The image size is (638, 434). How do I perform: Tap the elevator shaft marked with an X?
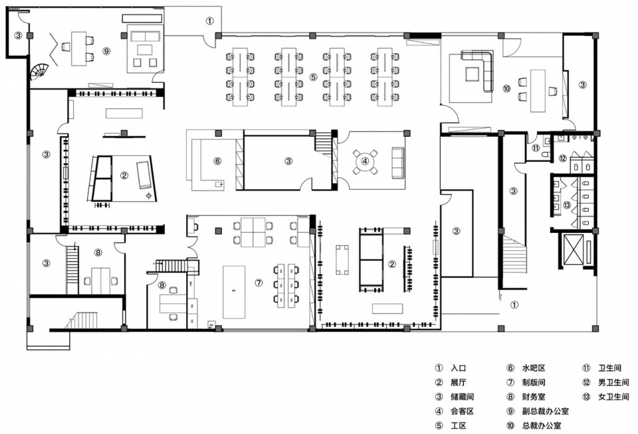[x=572, y=248]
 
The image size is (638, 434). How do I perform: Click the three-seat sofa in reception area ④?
[x=398, y=163]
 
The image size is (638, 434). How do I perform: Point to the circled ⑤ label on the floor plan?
[x=313, y=77]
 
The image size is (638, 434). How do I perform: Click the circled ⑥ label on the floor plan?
[x=217, y=161]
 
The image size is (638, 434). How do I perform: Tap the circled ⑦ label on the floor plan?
[x=259, y=283]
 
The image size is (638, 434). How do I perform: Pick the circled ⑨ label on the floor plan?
[x=106, y=51]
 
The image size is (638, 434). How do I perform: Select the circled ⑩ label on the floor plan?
[x=506, y=88]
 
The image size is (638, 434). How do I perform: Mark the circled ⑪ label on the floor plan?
[x=536, y=149]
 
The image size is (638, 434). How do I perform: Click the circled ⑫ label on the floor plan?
[x=562, y=158]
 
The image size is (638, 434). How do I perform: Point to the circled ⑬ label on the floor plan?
[x=567, y=205]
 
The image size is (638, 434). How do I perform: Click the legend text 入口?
[x=458, y=368]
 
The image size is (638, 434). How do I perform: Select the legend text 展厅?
[x=458, y=382]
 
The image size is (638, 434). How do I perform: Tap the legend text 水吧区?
[x=534, y=368]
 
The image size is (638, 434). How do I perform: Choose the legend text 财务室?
[x=534, y=397]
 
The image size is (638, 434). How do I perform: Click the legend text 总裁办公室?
[x=542, y=425]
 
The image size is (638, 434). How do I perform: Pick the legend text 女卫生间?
[x=613, y=397]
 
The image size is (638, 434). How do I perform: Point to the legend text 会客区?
[x=463, y=411]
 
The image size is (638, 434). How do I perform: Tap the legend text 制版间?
[x=534, y=382]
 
